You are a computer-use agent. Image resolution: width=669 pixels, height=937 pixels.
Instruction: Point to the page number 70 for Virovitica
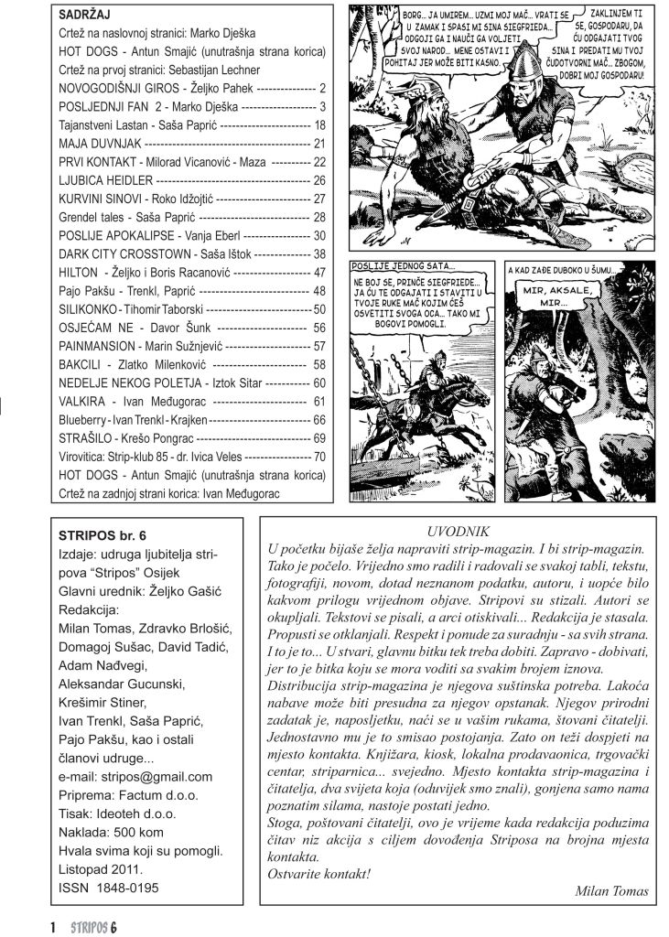tap(319, 455)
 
